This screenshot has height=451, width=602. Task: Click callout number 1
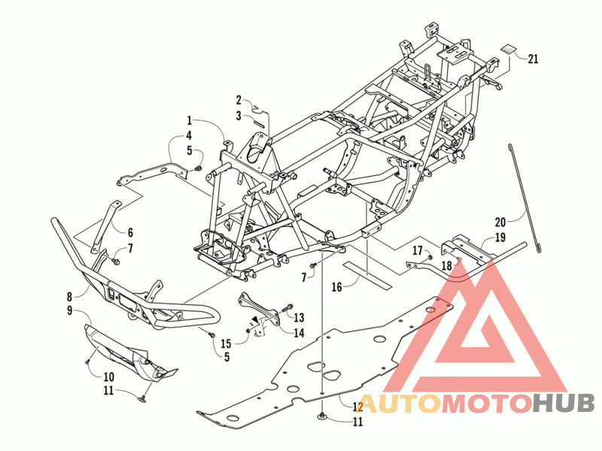[x=190, y=120]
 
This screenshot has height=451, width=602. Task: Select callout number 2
[x=239, y=100]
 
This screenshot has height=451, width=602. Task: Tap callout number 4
[x=190, y=135]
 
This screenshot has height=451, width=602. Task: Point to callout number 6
[x=129, y=232]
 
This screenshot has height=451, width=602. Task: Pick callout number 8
[x=69, y=296]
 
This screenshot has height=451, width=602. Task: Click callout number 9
[x=69, y=310]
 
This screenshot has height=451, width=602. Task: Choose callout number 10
[x=108, y=376]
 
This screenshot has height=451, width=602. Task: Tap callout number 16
[x=336, y=286]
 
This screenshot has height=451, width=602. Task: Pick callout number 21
[x=533, y=59]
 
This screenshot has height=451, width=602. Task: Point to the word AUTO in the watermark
[x=398, y=404]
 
